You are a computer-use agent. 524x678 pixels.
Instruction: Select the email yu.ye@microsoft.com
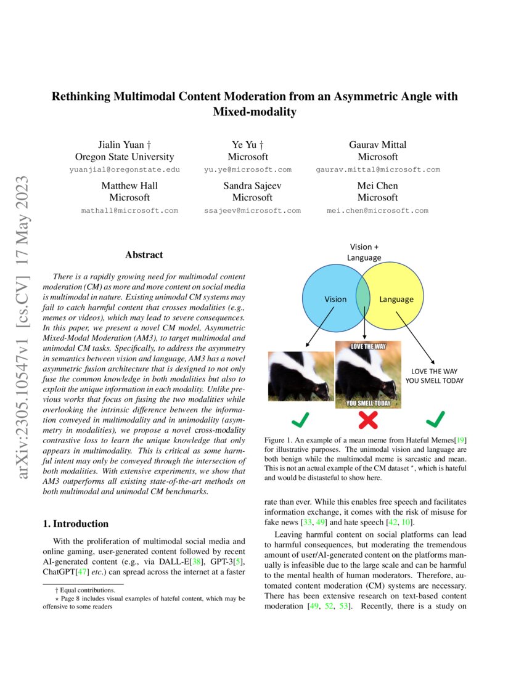[247, 169]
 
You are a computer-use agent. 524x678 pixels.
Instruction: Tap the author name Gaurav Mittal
[377, 145]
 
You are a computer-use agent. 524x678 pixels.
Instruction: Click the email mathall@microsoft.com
[129, 210]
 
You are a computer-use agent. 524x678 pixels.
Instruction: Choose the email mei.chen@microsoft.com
[377, 210]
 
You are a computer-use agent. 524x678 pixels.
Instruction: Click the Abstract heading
[144, 255]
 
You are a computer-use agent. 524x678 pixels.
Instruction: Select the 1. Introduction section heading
[75, 524]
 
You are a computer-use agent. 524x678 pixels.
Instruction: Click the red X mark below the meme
[368, 420]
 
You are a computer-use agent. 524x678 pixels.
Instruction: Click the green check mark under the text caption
[435, 420]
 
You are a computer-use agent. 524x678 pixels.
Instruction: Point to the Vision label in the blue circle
[335, 300]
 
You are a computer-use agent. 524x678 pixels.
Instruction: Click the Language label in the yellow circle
[396, 300]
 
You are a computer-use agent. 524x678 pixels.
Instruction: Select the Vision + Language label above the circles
[364, 252]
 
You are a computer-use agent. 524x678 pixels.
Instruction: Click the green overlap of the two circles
[364, 295]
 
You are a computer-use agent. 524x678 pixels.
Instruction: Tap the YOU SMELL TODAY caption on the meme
[368, 404]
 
